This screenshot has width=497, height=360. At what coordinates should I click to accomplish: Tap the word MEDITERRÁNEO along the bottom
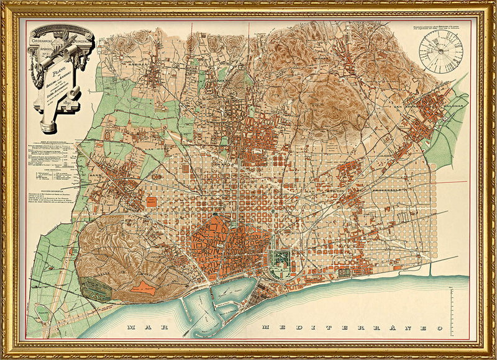coord(351,327)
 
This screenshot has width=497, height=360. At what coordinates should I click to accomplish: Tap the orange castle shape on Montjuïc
coord(144,287)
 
